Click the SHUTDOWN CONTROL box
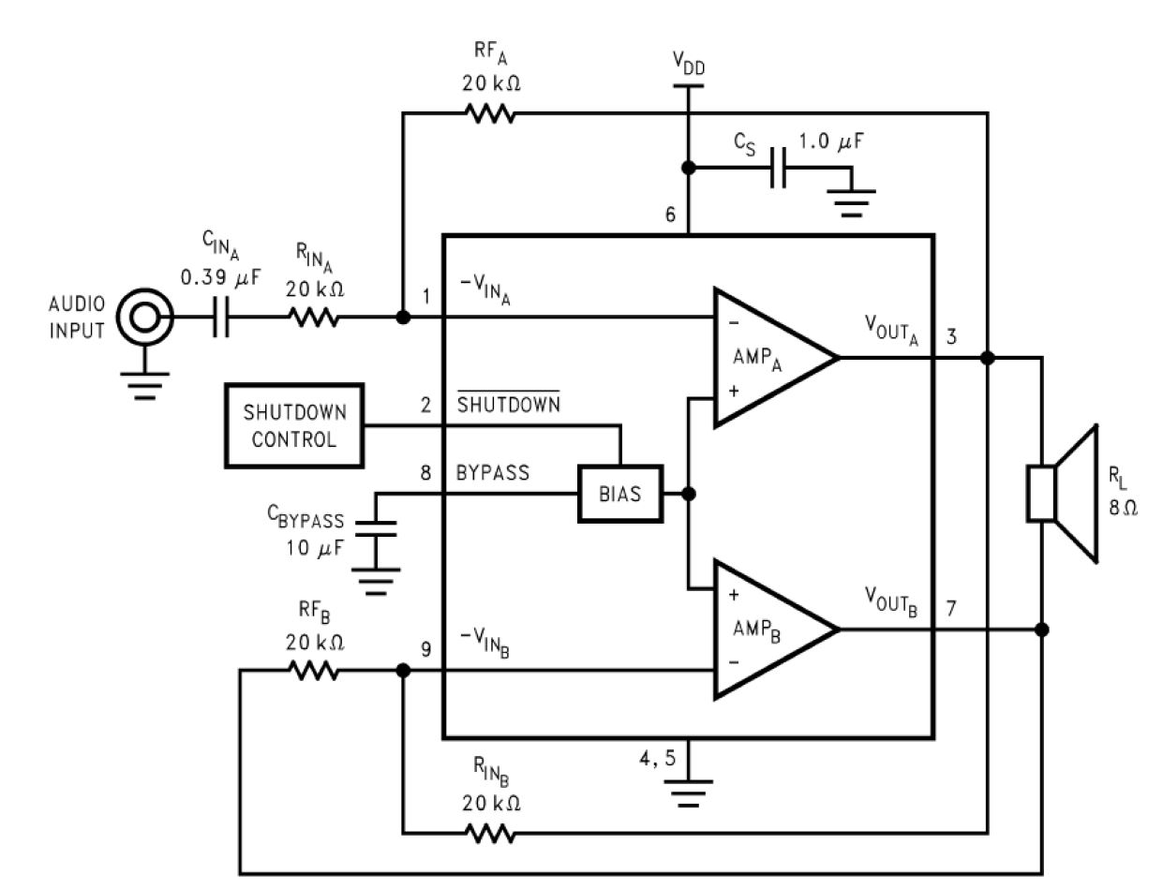(x=294, y=425)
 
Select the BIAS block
(x=619, y=493)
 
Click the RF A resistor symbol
(x=490, y=113)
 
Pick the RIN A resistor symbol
(x=315, y=319)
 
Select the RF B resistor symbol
(x=315, y=671)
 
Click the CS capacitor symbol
(x=777, y=169)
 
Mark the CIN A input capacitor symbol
(x=221, y=319)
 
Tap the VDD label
(x=688, y=64)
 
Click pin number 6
(x=670, y=215)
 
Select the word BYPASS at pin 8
(x=493, y=473)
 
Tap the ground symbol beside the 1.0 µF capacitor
(x=851, y=195)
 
